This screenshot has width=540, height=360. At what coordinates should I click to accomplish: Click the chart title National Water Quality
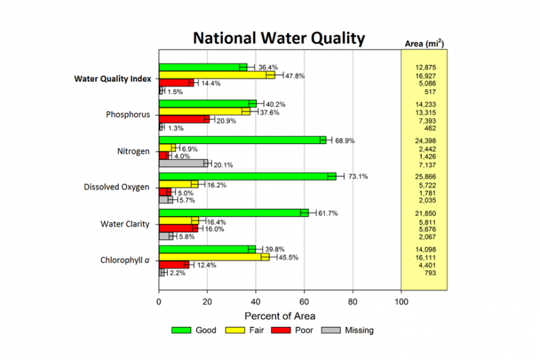point(279,38)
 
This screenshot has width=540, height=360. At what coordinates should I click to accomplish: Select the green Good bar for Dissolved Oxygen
point(247,176)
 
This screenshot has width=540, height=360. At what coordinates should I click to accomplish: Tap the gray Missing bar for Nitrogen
point(183,163)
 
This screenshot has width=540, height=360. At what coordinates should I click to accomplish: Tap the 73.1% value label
point(359,177)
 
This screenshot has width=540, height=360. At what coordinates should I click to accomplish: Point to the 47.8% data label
point(294,76)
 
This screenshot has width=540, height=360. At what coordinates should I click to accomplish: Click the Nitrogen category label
point(133,151)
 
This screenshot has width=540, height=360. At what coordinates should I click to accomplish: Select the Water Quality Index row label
point(112,78)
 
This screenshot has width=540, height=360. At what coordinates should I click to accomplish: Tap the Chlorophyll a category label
point(126,260)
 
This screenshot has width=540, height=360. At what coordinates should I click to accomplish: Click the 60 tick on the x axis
point(304,302)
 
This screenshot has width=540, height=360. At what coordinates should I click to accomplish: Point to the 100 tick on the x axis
point(402,302)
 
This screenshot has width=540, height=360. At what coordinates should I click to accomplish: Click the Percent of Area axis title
point(279,315)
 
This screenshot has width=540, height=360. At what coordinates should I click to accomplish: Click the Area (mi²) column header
point(424,44)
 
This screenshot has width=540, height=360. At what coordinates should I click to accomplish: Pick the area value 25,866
point(424,176)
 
